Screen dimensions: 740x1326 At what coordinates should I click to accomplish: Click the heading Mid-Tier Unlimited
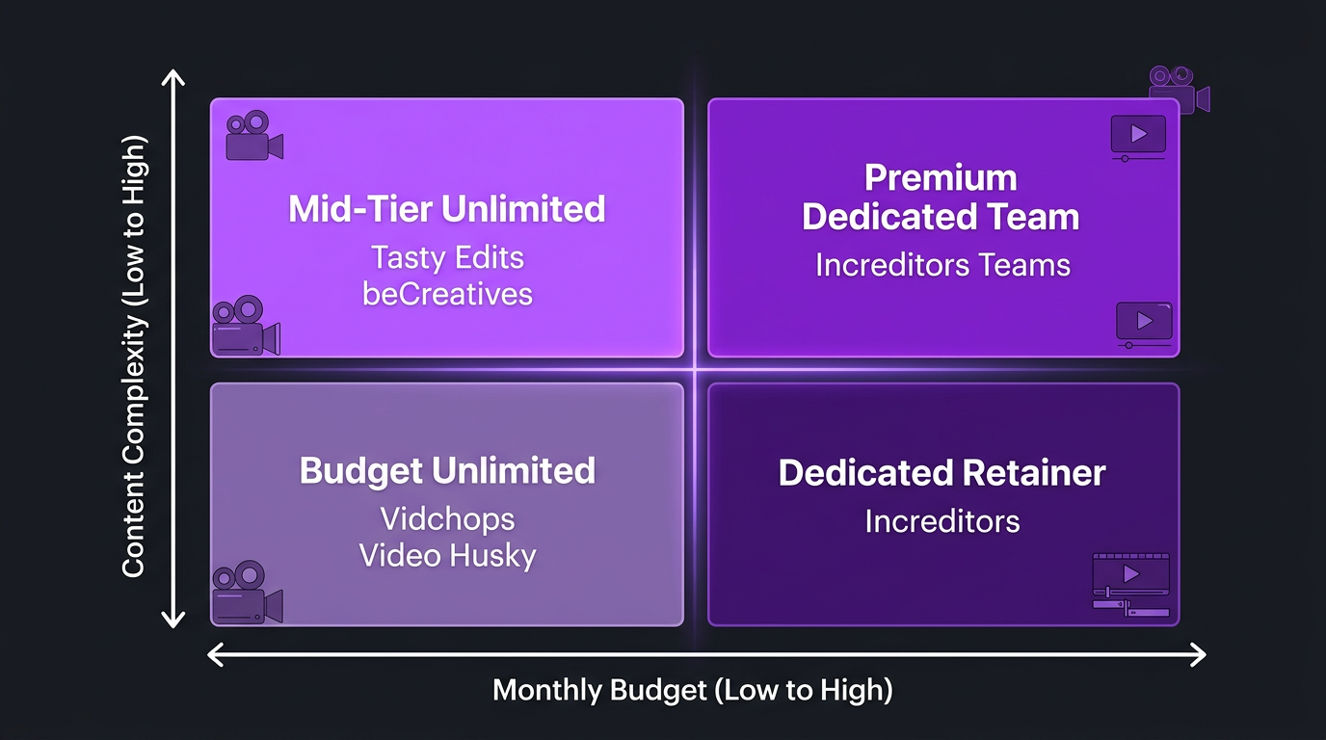click(x=447, y=209)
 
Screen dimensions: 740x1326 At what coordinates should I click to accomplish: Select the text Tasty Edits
click(x=447, y=257)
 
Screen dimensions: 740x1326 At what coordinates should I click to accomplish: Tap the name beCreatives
click(x=447, y=293)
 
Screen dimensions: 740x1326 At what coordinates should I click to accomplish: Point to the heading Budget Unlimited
click(x=447, y=470)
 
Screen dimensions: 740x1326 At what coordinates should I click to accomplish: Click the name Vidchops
click(x=447, y=518)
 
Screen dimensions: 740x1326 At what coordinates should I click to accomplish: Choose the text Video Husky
click(x=447, y=555)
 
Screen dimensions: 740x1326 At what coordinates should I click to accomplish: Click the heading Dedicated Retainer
click(x=941, y=473)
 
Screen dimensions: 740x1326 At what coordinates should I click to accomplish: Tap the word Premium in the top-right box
click(x=941, y=178)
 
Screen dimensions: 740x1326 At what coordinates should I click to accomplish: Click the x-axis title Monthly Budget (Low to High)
click(x=692, y=690)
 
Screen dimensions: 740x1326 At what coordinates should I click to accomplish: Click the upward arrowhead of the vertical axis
click(x=172, y=79)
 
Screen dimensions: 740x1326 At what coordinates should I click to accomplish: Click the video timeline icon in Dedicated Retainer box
click(x=1130, y=584)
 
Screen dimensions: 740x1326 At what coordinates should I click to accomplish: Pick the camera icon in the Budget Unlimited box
click(x=247, y=592)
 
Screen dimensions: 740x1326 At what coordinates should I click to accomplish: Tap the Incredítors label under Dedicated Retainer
click(x=941, y=521)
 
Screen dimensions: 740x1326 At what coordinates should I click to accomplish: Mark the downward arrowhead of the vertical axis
click(x=172, y=618)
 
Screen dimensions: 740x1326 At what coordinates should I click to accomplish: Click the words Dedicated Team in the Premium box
click(x=941, y=217)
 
